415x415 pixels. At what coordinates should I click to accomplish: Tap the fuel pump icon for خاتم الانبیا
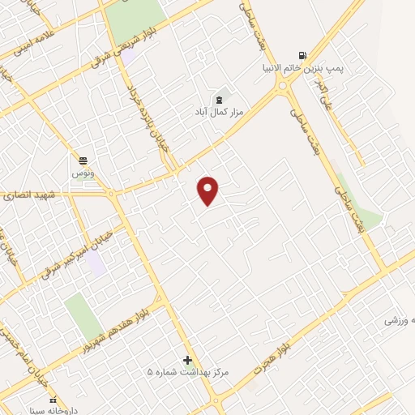(302, 56)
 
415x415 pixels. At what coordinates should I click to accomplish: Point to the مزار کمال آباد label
(216, 112)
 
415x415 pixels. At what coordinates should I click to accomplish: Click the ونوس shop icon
(83, 160)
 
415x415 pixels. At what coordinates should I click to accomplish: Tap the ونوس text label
(83, 173)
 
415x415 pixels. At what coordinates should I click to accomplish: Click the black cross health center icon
(188, 360)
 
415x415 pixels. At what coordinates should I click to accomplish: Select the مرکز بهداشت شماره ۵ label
(188, 372)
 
